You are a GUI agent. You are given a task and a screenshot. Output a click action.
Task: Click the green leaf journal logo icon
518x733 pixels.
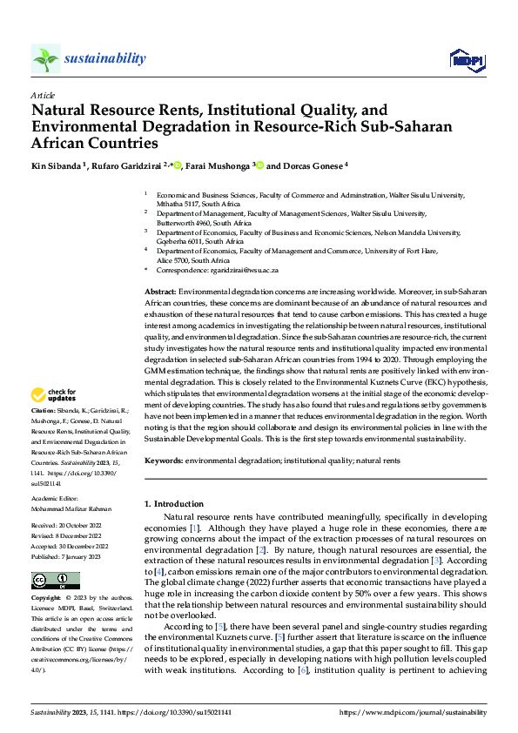point(45,58)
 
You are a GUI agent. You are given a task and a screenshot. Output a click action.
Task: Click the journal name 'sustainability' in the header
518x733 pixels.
point(104,58)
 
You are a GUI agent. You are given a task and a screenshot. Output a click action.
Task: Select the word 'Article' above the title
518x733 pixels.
point(43,95)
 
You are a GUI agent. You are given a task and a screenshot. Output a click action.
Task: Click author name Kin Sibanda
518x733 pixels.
point(59,165)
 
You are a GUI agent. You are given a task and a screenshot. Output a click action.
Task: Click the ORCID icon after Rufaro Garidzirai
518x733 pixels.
point(178,165)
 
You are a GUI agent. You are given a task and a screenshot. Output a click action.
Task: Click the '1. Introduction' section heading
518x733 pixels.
point(173,504)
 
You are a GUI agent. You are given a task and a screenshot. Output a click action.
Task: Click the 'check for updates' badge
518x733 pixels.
point(54,394)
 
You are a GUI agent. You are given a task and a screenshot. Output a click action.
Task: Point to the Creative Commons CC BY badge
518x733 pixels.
point(55,581)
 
